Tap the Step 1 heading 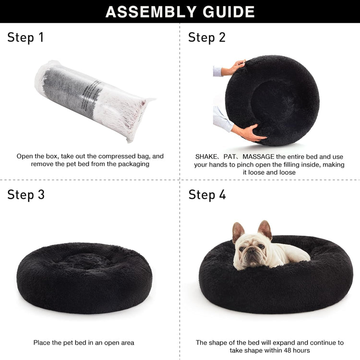(x=25, y=37)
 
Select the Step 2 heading (x=207, y=37)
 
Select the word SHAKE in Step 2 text (x=206, y=157)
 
